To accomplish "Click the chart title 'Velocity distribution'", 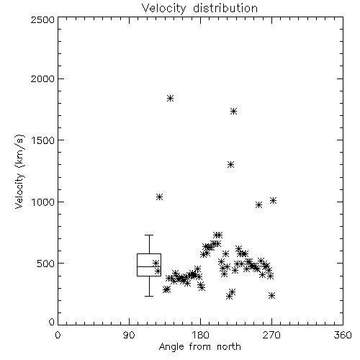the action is [199, 9].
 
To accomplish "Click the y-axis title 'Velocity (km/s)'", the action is [19, 171].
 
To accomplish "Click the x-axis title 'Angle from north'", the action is [199, 346].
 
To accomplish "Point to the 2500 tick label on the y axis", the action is [42, 19].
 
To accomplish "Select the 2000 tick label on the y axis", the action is [42, 78].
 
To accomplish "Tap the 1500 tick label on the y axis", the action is [43, 140].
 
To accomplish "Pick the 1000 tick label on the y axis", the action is [43, 202].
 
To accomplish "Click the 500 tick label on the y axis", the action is [46, 264].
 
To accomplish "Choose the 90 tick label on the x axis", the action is [129, 335].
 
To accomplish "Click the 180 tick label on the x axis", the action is [200, 335].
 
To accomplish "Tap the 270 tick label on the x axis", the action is [271, 335].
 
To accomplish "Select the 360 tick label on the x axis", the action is [343, 335].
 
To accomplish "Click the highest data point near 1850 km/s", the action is [170, 98].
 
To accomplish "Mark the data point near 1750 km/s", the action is [233, 111].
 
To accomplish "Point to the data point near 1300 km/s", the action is [230, 165].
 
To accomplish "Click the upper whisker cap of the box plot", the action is [149, 235].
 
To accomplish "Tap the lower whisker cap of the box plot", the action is [149, 296].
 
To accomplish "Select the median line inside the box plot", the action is [149, 266].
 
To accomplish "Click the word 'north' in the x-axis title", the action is [229, 346].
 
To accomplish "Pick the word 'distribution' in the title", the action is [225, 9].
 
